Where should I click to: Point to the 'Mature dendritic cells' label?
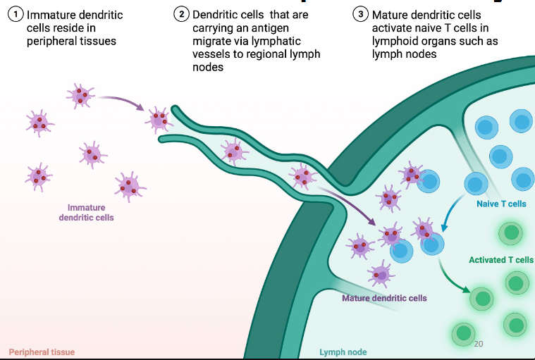[x=384, y=298]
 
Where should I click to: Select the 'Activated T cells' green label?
[x=501, y=260]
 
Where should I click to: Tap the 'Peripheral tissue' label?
[x=42, y=352]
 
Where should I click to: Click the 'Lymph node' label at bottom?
[x=343, y=352]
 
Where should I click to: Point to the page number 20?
[x=479, y=344]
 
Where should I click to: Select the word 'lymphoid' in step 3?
[x=395, y=41]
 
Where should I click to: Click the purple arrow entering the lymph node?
[x=345, y=204]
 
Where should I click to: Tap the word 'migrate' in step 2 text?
[x=211, y=41]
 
